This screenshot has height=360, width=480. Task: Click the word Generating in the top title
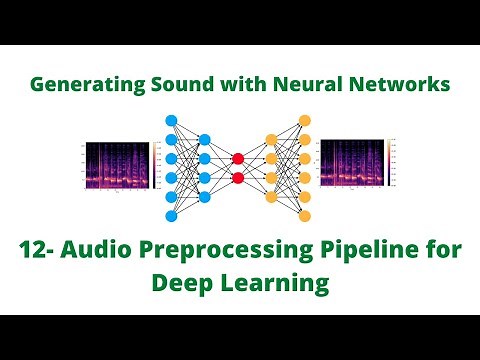[81, 85]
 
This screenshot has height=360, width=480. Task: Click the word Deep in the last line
[184, 284]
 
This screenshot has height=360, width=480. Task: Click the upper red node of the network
[238, 159]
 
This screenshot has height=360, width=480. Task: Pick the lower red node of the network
[238, 178]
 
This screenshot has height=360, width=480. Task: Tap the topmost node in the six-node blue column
[171, 120]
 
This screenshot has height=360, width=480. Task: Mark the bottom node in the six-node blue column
[171, 216]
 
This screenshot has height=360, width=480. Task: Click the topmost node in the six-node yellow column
[305, 120]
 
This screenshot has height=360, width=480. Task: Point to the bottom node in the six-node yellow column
[305, 216]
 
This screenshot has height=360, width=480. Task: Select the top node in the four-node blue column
[204, 140]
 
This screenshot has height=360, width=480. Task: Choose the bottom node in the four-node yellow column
[271, 197]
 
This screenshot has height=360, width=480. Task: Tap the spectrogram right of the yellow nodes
[356, 167]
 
